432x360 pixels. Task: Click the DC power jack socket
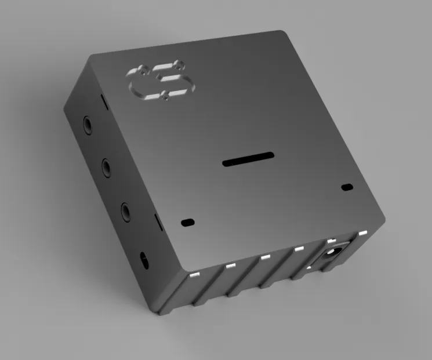[x=332, y=254]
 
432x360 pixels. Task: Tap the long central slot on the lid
[x=248, y=159]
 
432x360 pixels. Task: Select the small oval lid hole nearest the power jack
[x=347, y=187]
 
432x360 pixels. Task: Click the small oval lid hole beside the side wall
[x=187, y=222]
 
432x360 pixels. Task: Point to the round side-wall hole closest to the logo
[x=88, y=125]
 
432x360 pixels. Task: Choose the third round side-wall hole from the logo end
[x=126, y=210]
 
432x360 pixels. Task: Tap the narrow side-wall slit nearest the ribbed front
[x=156, y=221]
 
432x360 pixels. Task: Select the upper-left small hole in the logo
[x=143, y=69]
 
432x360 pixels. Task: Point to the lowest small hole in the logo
[x=166, y=93]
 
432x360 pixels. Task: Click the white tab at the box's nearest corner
[x=195, y=275]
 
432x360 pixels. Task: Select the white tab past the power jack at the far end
[x=363, y=233]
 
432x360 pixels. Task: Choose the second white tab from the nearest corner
[x=230, y=266]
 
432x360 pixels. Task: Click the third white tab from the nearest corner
[x=265, y=257]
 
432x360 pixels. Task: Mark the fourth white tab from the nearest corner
[x=299, y=249]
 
